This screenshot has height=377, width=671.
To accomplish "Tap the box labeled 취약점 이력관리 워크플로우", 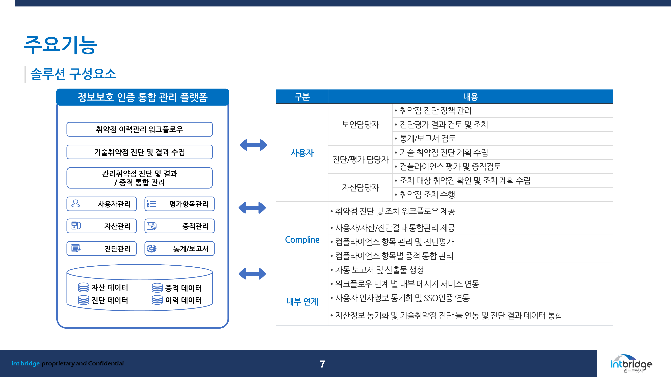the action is click(140, 129).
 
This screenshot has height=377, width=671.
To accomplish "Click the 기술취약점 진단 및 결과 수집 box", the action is click(140, 152).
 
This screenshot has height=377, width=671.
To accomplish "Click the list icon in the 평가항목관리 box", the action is click(151, 204).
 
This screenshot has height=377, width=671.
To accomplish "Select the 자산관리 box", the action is click(102, 226).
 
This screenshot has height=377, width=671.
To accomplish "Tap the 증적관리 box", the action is click(179, 226).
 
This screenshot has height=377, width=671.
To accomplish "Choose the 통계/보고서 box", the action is click(179, 248).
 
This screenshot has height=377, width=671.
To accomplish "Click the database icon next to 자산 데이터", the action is click(83, 288).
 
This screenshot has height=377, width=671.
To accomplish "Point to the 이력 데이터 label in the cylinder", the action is click(183, 300).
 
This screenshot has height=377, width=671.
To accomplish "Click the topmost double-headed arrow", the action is click(253, 145).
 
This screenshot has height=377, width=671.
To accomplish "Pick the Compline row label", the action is click(302, 240).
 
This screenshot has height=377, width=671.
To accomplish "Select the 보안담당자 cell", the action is click(360, 124).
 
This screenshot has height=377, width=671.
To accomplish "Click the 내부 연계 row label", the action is click(302, 302).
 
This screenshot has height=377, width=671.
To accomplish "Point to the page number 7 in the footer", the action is click(322, 364).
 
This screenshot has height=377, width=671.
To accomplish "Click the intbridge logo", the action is click(631, 363).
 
